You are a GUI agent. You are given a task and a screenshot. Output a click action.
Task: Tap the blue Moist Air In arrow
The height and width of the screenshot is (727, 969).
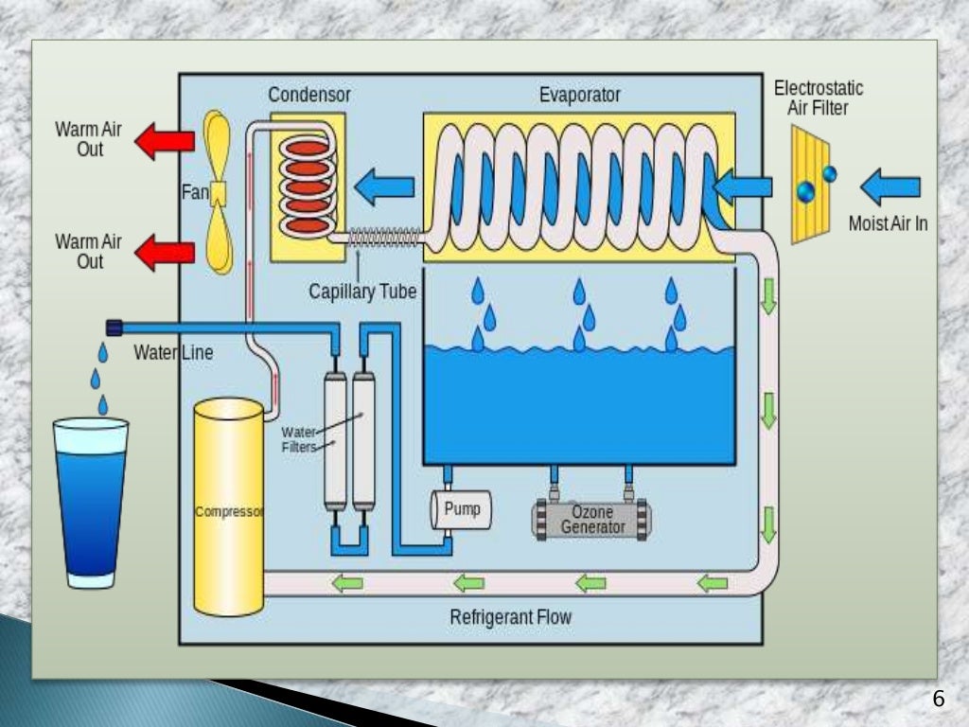coord(890,185)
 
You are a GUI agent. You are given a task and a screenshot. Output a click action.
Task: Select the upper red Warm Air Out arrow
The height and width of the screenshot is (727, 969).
coord(165,141)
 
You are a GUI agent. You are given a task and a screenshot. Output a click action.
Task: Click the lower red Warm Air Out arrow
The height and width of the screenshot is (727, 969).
coord(165,253)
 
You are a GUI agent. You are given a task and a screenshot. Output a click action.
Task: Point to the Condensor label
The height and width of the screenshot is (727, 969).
coord(309,95)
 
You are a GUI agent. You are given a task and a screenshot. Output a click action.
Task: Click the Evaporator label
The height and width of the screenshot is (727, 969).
coord(580,95)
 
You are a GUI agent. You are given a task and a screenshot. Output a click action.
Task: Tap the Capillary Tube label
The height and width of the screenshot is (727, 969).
coord(362,292)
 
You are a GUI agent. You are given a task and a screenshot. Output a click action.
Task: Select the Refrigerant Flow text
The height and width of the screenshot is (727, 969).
coord(511,618)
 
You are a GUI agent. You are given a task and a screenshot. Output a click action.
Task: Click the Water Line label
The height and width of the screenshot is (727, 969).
coord(173,353)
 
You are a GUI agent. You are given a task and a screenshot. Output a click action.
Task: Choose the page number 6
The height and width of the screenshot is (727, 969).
coord(938,700)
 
